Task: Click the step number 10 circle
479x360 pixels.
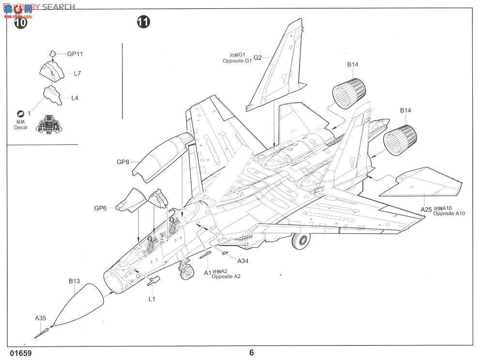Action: tap(21, 22)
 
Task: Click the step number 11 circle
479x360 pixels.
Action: tap(143, 22)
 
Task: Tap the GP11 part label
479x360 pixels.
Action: tap(75, 54)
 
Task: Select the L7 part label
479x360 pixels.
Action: tap(77, 74)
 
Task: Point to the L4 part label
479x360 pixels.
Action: tap(75, 98)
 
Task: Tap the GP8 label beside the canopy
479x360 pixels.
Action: tap(123, 163)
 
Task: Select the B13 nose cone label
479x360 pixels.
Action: tap(74, 281)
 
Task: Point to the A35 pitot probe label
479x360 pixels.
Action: tap(41, 318)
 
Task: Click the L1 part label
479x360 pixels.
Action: tap(151, 299)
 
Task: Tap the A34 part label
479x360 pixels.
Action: tap(243, 260)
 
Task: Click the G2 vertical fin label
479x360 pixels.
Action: tap(257, 58)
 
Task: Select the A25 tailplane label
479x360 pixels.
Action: tap(426, 209)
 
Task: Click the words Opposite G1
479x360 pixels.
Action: tap(238, 61)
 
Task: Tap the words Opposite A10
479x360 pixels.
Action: tap(449, 213)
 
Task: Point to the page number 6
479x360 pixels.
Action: tap(252, 352)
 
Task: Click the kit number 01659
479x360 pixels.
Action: tap(19, 353)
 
